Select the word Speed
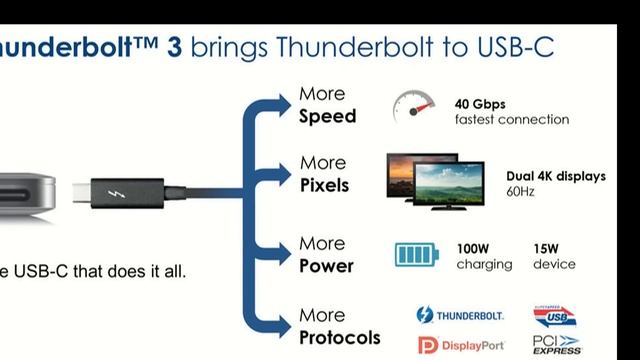coord(327,116)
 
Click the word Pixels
coord(324,185)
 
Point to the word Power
coord(326,266)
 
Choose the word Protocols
coord(340,336)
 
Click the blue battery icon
coord(414,256)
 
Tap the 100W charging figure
coord(473,247)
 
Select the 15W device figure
coord(547,247)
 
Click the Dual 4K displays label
coord(555,176)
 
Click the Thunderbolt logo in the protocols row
coord(460,315)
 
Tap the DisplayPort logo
coord(460,346)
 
